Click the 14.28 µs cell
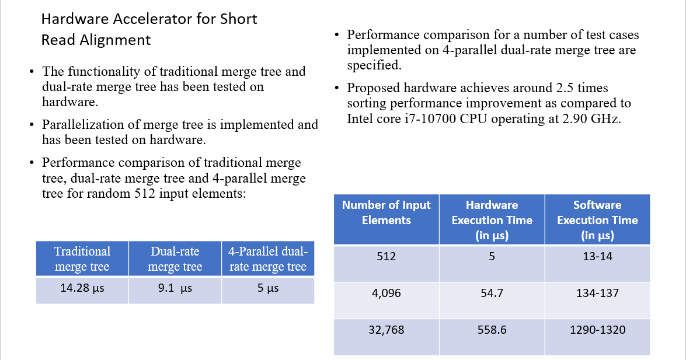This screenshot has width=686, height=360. click(82, 288)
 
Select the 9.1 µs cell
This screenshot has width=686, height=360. click(175, 288)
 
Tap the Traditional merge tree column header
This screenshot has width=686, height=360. click(82, 259)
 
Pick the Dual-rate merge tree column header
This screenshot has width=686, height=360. click(175, 259)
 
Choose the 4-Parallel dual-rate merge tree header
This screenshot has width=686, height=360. click(268, 259)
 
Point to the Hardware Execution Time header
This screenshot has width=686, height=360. click(492, 220)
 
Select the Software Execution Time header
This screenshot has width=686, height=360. click(597, 220)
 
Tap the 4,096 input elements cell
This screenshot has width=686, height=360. click(386, 293)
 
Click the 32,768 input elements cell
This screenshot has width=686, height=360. click(386, 330)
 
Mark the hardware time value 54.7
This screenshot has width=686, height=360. click(492, 293)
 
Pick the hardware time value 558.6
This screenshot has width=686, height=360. click(492, 330)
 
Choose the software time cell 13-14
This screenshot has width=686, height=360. click(597, 256)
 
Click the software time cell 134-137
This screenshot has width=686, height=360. click(597, 293)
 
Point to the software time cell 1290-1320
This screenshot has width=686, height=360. click(597, 330)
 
